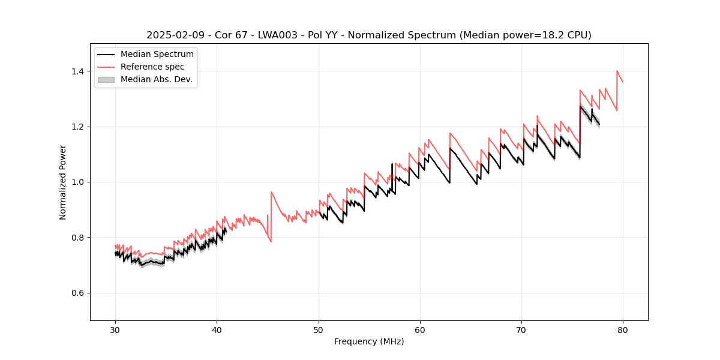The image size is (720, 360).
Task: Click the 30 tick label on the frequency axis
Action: click(x=115, y=330)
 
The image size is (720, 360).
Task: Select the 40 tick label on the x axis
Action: click(x=217, y=330)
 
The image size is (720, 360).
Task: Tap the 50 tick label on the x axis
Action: click(x=318, y=330)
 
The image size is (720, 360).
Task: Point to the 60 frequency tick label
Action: click(x=420, y=330)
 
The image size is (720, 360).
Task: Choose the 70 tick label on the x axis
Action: click(x=521, y=330)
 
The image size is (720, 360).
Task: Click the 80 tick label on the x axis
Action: click(x=623, y=330)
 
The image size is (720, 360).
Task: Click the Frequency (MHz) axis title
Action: click(x=369, y=341)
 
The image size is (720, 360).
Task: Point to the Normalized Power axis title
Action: click(x=63, y=182)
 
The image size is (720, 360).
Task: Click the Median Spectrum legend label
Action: click(x=157, y=55)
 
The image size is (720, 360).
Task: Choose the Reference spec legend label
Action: click(x=152, y=67)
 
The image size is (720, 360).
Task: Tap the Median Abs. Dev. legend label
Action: click(x=156, y=79)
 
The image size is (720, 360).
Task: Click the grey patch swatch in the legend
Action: click(x=106, y=79)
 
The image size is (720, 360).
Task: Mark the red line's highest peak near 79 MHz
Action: click(x=617, y=71)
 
